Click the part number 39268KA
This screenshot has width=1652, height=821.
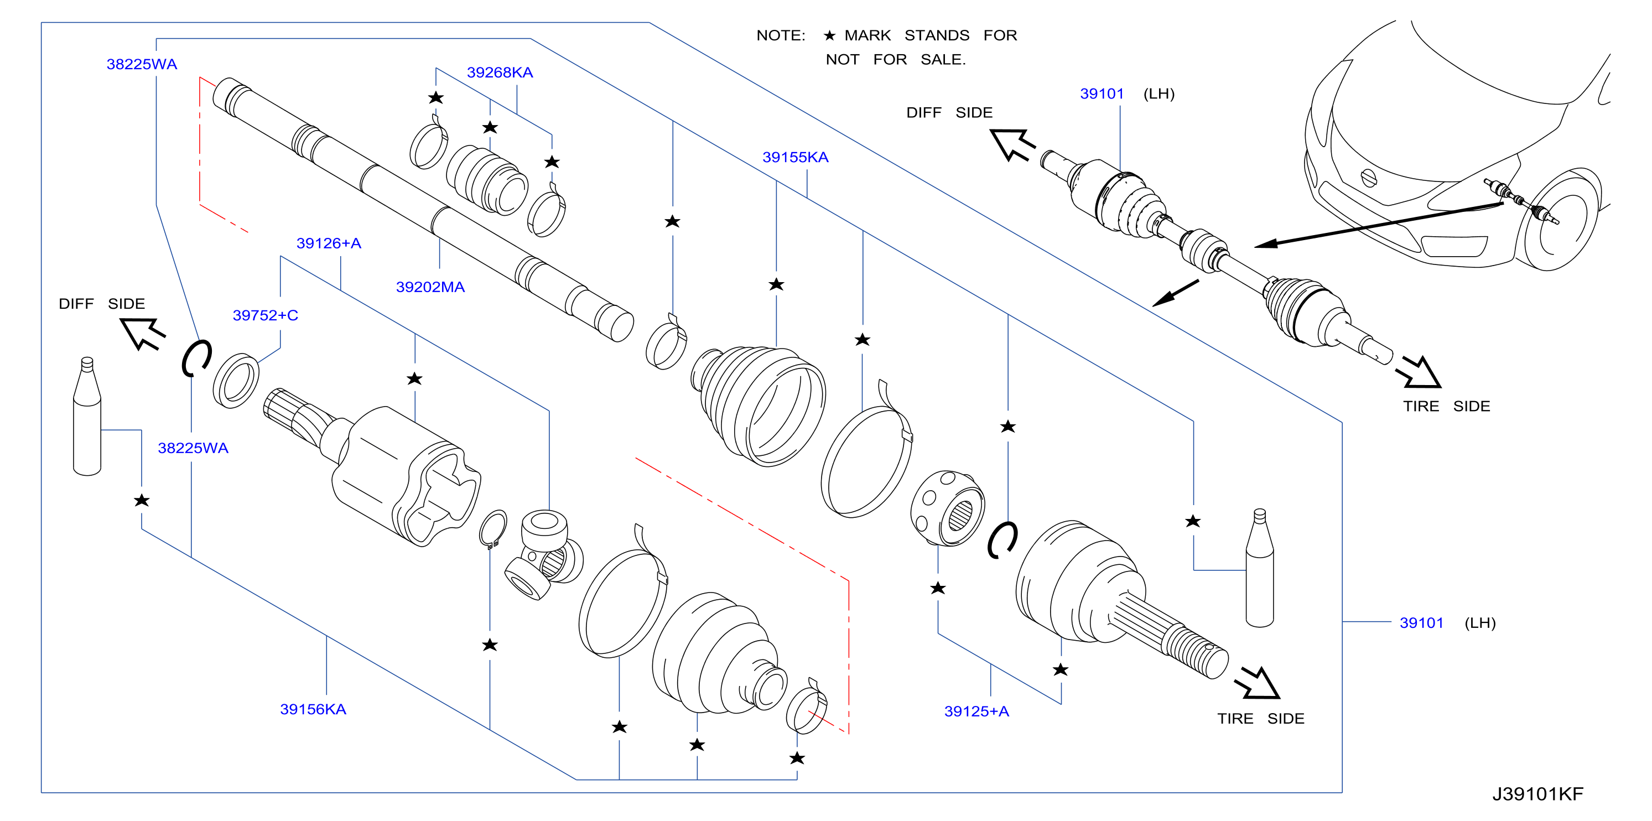click(x=500, y=72)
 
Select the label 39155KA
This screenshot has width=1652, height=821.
click(x=795, y=157)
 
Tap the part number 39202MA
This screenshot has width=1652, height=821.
click(x=430, y=287)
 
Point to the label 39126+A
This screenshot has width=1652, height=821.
click(x=328, y=243)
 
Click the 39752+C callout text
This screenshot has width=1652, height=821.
click(x=265, y=315)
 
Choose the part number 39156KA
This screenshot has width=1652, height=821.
click(x=313, y=709)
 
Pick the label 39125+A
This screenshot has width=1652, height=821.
click(x=976, y=711)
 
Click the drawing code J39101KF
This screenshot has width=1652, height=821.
click(x=1537, y=794)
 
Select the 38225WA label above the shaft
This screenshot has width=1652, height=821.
click(x=142, y=64)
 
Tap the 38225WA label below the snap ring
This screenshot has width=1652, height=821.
click(x=193, y=448)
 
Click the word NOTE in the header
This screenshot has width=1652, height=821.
click(x=781, y=35)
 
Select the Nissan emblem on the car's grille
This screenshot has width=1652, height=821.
click(x=1369, y=178)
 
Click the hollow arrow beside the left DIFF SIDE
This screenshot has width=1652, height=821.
click(x=142, y=332)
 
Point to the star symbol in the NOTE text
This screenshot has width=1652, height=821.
click(x=829, y=35)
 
